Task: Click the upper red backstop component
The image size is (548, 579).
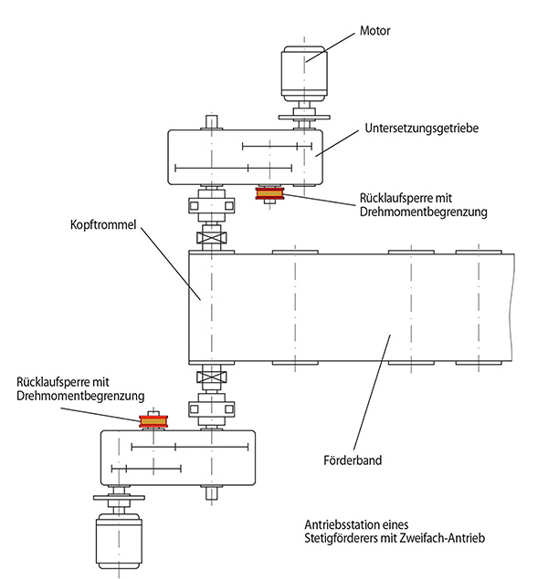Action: click(270, 193)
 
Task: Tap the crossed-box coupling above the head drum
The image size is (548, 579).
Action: click(212, 239)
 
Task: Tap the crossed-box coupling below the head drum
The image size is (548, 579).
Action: click(212, 375)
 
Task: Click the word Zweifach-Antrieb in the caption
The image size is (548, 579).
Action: click(443, 539)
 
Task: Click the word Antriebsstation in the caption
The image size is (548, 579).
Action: click(342, 526)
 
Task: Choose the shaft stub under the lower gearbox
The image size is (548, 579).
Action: click(212, 494)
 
